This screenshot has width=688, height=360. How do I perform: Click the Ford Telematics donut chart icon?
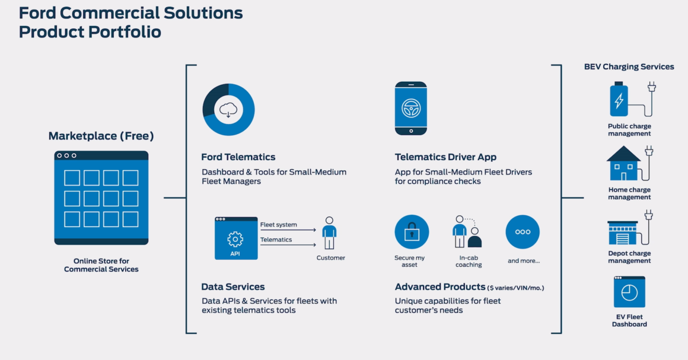tap(228, 109)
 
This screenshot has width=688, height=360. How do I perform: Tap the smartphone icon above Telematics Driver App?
tap(410, 108)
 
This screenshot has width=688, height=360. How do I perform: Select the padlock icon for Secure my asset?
tap(412, 232)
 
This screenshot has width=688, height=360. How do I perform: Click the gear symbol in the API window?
tap(235, 239)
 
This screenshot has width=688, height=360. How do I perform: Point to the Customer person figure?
tap(329, 233)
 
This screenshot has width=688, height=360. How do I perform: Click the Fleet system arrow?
tap(288, 230)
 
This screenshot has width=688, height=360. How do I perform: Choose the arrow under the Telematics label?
tap(288, 244)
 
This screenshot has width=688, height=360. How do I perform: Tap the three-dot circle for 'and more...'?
tap(523, 232)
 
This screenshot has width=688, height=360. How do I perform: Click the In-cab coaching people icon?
tap(467, 232)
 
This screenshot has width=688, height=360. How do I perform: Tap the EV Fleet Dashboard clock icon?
tap(629, 292)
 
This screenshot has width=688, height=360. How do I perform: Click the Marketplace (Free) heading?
tap(101, 136)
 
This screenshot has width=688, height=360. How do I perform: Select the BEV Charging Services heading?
tap(629, 66)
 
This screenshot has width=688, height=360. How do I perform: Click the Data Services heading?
tap(233, 287)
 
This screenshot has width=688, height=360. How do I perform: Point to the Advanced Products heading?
tap(440, 287)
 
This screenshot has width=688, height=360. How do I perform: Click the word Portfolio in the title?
tap(125, 31)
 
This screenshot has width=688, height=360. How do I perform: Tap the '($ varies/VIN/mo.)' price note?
tap(515, 288)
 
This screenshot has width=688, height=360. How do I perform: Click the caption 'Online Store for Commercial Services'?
tap(101, 265)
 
